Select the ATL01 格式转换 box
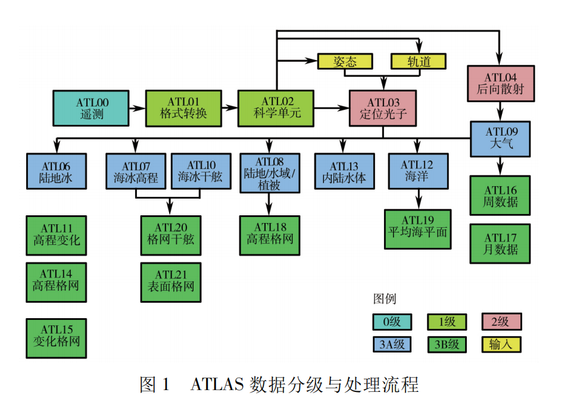pos(183,108)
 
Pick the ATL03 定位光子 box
pos(382,108)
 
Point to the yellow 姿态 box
pos(345,61)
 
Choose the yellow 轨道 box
pos(419,61)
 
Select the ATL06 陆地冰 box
pos(57,172)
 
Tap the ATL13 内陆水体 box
pos(344,172)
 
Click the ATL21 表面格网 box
pos(171,281)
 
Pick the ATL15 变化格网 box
pos(57,337)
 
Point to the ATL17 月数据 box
pos(500,243)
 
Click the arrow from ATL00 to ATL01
pos(137,108)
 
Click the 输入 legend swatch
pos(501,344)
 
